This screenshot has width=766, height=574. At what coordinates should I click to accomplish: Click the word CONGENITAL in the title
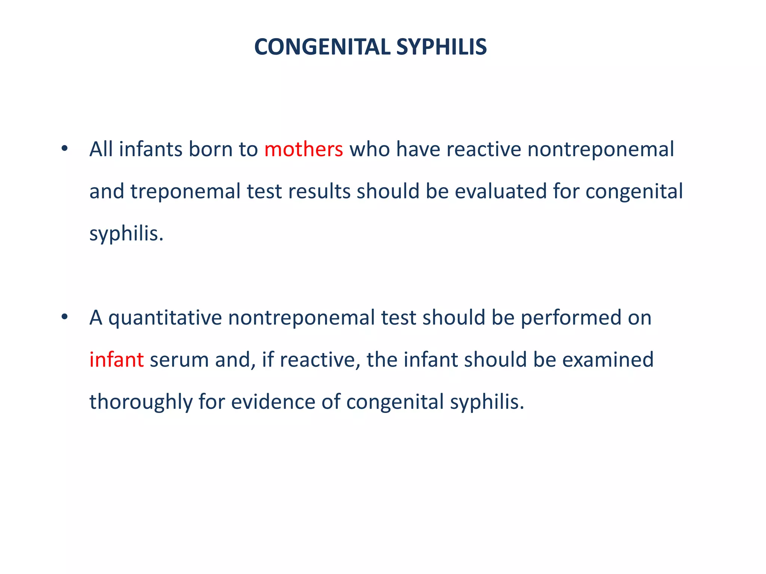coord(322,47)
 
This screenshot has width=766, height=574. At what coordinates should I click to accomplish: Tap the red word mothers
coord(303,149)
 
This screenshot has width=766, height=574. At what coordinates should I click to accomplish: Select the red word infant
coord(116,359)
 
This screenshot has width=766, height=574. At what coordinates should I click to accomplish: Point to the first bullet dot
coord(65,149)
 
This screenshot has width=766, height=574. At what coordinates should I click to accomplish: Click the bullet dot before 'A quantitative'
coord(65,317)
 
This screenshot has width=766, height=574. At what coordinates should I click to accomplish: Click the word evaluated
coord(501,191)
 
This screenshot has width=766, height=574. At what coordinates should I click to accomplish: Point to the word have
coord(418,149)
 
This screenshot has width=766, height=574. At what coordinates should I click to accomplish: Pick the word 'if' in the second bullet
coord(267,359)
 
